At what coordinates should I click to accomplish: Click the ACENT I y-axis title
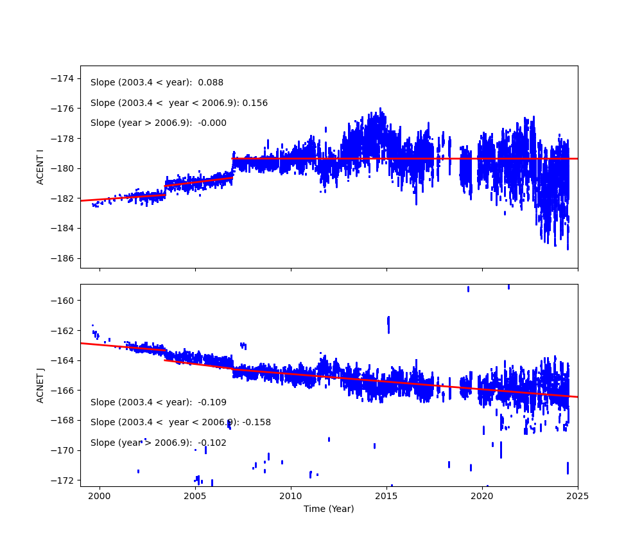40,167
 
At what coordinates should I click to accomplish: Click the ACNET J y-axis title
40,385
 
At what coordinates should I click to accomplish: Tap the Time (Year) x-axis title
329,509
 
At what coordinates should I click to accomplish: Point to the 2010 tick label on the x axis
291,496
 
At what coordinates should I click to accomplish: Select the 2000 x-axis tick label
100,496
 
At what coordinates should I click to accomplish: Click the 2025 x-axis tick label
577,496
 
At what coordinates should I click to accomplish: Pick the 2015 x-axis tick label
386,496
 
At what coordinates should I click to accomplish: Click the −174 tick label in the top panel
64,78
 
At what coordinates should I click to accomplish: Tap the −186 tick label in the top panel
64,258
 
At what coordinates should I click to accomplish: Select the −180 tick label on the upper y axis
64,168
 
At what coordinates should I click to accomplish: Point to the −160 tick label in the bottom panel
64,301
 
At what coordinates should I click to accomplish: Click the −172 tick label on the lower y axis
64,480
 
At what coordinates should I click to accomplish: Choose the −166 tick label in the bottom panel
64,391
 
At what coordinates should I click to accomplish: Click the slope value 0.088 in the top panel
211,83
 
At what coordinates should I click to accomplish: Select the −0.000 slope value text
213,123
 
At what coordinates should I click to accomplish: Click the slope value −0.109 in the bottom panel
213,403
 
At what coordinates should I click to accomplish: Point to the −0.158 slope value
257,423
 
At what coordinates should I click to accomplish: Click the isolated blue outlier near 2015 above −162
388,323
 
